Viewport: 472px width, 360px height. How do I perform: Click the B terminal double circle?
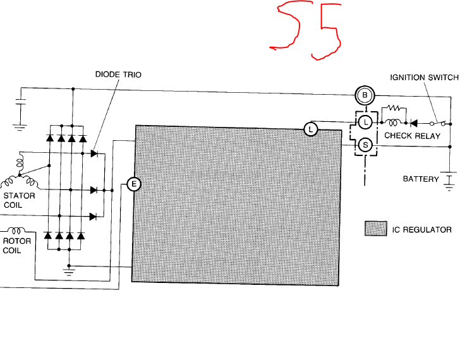(365, 95)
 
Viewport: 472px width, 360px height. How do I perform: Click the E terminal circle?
(134, 184)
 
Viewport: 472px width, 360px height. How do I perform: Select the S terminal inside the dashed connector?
(365, 145)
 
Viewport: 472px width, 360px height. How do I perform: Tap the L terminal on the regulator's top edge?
(311, 129)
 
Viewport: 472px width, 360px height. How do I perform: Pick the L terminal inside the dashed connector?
(365, 122)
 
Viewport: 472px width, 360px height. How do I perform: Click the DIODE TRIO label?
(118, 75)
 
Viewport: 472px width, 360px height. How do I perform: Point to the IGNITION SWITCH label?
(425, 78)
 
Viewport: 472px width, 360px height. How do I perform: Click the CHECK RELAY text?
(413, 136)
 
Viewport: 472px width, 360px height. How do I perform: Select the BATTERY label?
(421, 179)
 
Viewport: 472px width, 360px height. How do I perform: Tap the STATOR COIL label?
(19, 200)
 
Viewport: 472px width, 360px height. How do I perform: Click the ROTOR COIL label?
(17, 246)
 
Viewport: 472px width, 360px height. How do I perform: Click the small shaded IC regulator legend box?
(376, 229)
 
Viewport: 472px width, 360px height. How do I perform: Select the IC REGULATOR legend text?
(421, 230)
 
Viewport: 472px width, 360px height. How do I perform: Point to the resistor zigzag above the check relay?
(394, 108)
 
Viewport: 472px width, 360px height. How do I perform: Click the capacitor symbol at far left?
(20, 102)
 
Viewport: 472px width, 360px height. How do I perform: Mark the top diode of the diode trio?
(94, 153)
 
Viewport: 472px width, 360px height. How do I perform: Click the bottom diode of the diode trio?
(94, 217)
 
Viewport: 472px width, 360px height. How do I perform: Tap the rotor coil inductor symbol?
(16, 231)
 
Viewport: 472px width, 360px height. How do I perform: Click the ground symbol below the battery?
(449, 187)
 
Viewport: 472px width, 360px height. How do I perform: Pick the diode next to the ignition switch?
(414, 123)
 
